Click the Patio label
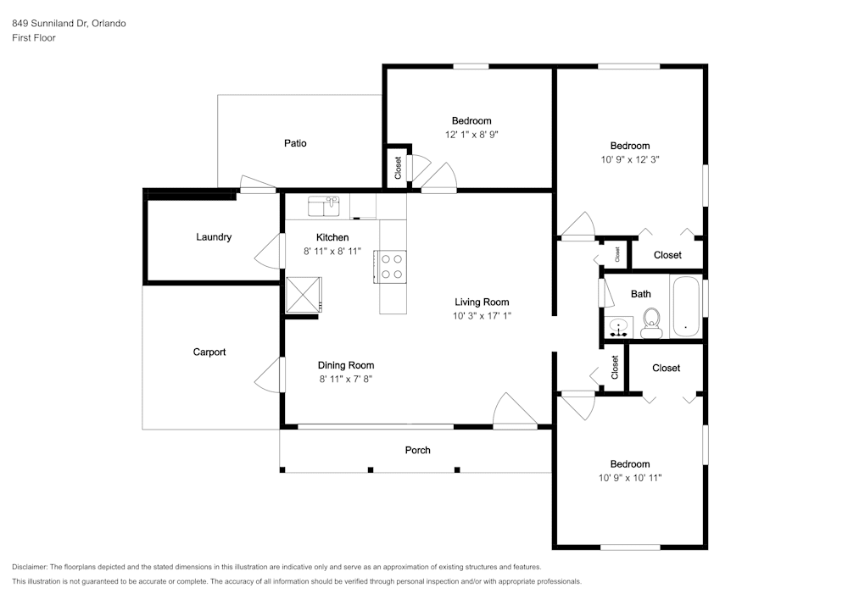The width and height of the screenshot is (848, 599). coord(295,143)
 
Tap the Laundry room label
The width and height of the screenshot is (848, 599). coord(214,237)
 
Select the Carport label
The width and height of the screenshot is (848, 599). coord(209,352)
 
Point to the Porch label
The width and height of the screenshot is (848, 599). coord(417,450)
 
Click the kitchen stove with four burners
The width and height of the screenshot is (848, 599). coord(390,267)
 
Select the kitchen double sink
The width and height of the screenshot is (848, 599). coord(324,207)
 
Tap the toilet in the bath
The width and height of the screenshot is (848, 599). coord(651,323)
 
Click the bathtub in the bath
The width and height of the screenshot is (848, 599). coord(686,306)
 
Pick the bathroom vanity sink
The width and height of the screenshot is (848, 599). coord(618,328)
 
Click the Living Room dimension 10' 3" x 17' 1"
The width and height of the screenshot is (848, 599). coord(482,316)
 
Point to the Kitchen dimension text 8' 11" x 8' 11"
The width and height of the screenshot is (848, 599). coord(332,251)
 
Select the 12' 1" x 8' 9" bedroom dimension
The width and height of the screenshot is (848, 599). coord(471,135)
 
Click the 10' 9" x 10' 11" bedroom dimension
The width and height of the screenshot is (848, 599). coord(630,478)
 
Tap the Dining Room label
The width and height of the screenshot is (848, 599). coord(346,365)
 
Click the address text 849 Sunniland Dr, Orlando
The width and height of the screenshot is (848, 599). coord(70,23)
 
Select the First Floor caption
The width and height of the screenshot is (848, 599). coord(34,38)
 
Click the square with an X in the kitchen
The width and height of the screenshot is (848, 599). coord(304,295)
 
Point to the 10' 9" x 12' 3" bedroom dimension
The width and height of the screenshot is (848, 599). coord(630,160)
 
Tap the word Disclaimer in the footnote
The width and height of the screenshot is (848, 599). coord(30,567)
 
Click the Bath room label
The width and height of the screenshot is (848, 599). coord(641,294)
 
